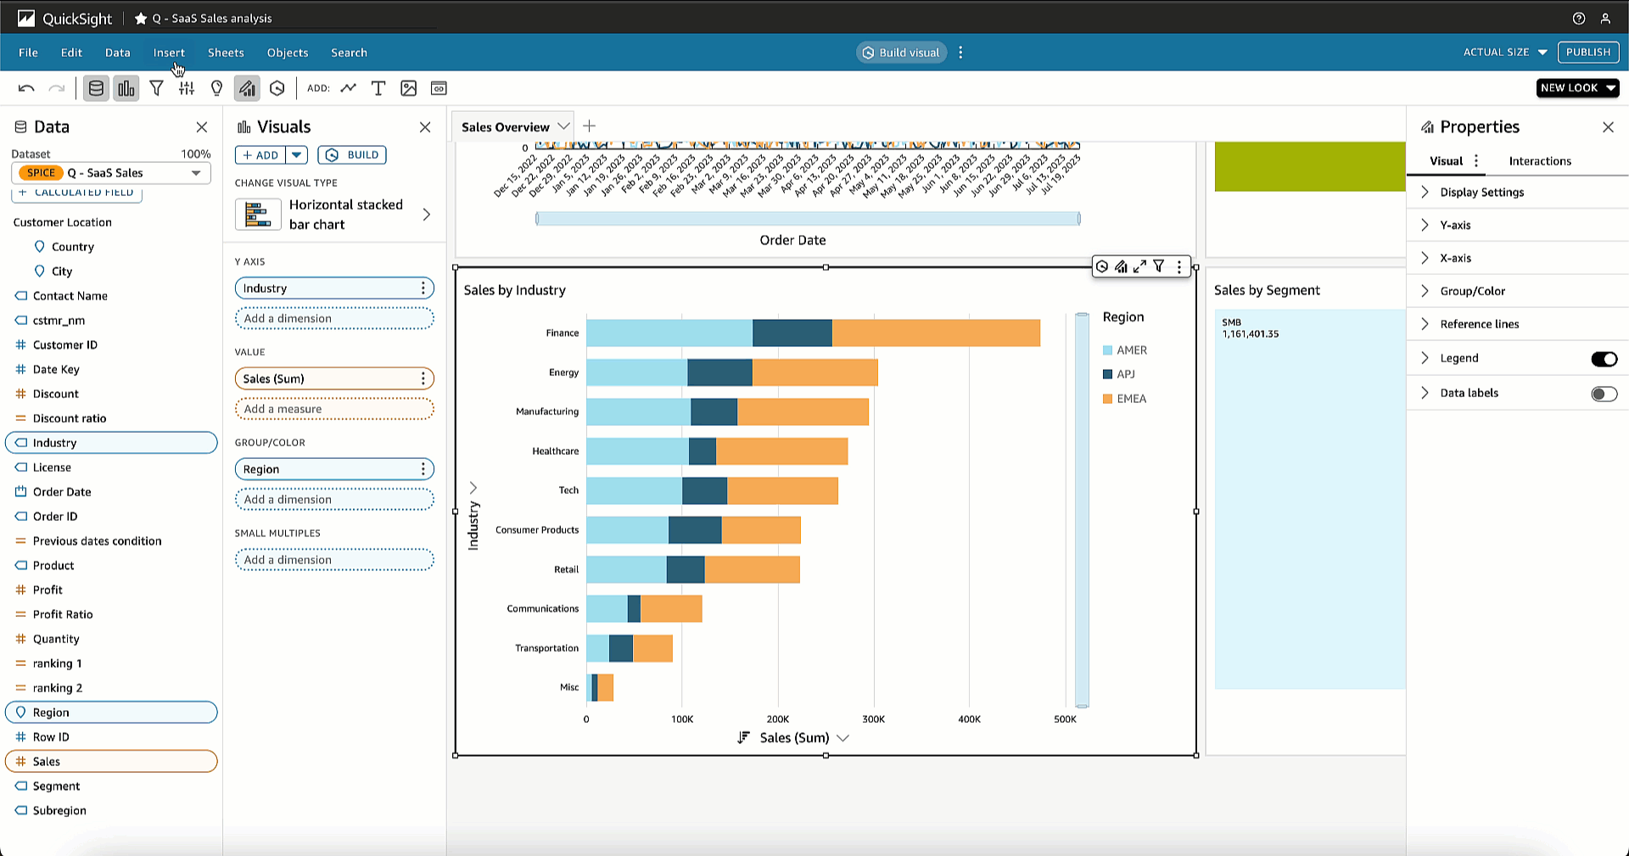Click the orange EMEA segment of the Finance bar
pyautogui.click(x=935, y=333)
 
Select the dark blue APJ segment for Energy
pyautogui.click(x=719, y=372)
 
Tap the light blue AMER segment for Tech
pyautogui.click(x=634, y=490)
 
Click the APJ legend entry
pyautogui.click(x=1125, y=374)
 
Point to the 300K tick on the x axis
pyautogui.click(x=873, y=719)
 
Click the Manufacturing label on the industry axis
pyautogui.click(x=547, y=411)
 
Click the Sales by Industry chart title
pyautogui.click(x=514, y=290)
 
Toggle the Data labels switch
pyautogui.click(x=1604, y=394)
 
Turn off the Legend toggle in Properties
pyautogui.click(x=1604, y=359)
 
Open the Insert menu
pyautogui.click(x=169, y=53)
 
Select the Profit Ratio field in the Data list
pyautogui.click(x=63, y=614)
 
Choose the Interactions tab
pyautogui.click(x=1539, y=161)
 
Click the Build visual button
pyautogui.click(x=901, y=53)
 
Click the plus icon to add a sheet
pyautogui.click(x=590, y=126)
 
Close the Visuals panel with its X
pyautogui.click(x=425, y=127)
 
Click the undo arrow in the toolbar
pyautogui.click(x=26, y=88)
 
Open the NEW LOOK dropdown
pyautogui.click(x=1576, y=88)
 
